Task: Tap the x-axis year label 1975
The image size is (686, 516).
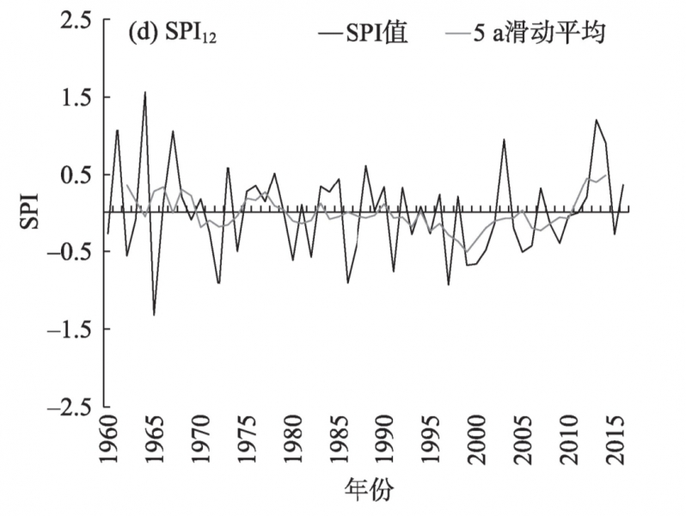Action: [x=247, y=443]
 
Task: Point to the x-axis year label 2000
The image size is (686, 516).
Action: [x=477, y=443]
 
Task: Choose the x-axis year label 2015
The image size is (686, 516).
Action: [x=615, y=443]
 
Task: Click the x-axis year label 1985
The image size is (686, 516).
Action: [x=339, y=443]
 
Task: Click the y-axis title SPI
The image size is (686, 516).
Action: [x=30, y=212]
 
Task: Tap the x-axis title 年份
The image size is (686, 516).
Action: [x=369, y=492]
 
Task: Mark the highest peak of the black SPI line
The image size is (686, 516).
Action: [x=145, y=92]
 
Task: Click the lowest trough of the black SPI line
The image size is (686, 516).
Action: [x=154, y=315]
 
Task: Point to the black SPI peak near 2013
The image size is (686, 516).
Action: [x=596, y=120]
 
